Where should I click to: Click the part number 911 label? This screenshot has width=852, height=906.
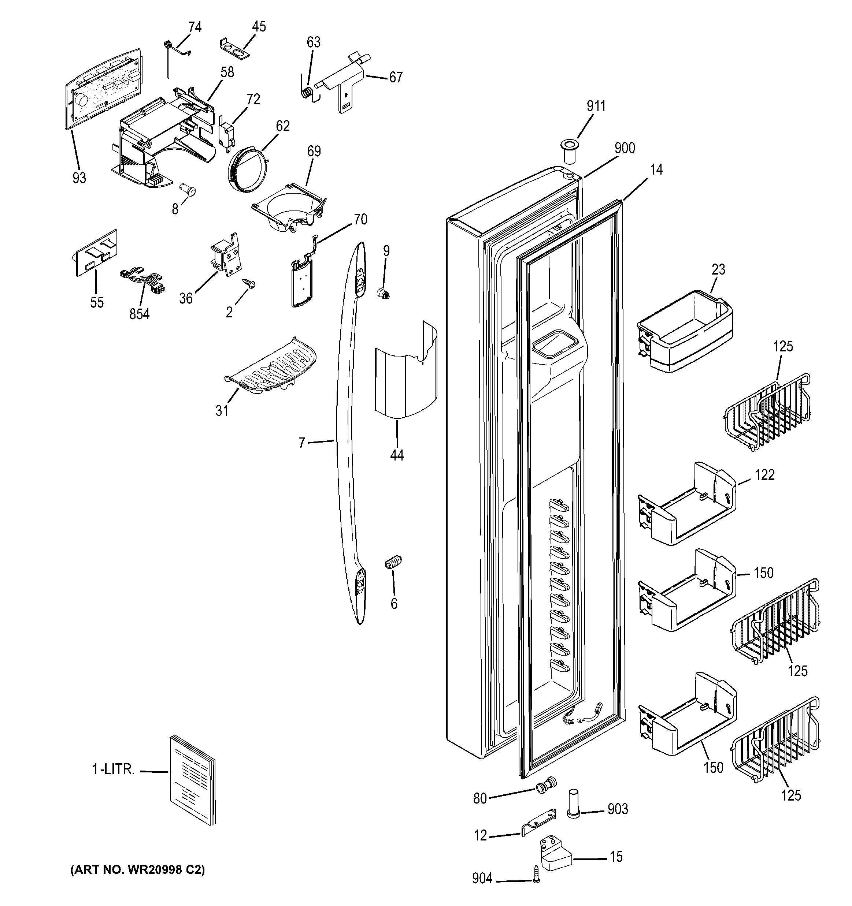596,106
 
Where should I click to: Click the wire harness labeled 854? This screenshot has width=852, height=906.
142,282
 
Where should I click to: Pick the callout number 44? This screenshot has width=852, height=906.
396,455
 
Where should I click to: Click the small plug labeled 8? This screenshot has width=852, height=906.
187,189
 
